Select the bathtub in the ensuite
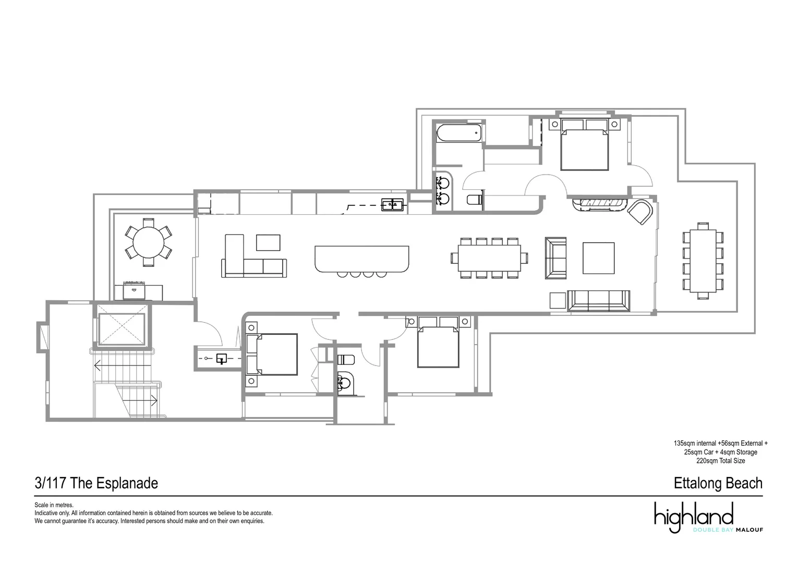tap(459, 132)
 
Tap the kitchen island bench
tap(361, 259)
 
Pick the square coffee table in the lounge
tap(598, 258)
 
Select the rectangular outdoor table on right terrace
tap(703, 261)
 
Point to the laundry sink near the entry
tap(222, 359)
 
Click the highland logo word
tap(694, 517)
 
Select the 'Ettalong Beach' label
tap(718, 483)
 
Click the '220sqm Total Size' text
tap(720, 461)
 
